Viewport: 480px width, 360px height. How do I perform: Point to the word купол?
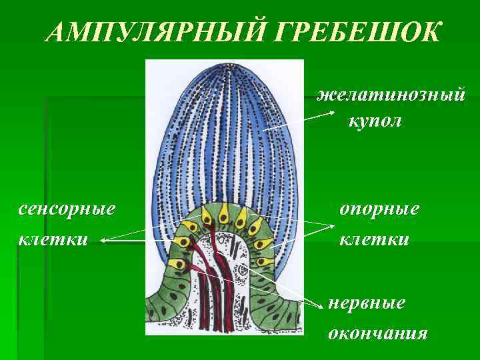coord(375,122)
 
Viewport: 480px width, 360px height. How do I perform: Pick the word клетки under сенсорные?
coord(53,238)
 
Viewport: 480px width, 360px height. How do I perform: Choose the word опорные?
coord(379,208)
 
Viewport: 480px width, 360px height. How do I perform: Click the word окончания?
coord(377,333)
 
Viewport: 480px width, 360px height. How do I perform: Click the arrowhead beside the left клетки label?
coord(103,238)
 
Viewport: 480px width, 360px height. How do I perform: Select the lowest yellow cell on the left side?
coord(175,264)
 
